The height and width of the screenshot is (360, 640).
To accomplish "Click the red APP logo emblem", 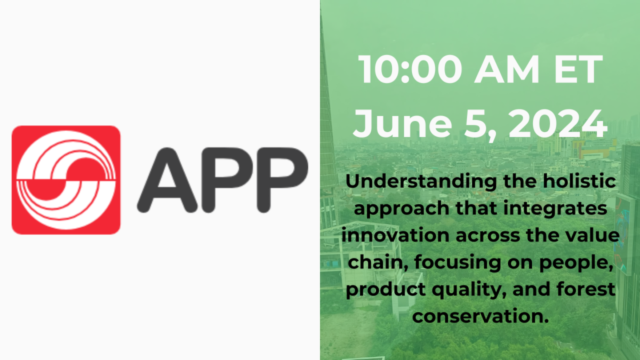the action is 66,180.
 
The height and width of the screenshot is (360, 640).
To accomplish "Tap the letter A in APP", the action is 167,180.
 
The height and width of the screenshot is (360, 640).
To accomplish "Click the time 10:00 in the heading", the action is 410,69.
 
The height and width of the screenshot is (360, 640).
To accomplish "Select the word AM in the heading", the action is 507,69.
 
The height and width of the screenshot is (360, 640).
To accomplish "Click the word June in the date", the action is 402,124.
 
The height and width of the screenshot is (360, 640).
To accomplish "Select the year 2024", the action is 558,124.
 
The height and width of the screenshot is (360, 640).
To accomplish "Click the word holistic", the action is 579,181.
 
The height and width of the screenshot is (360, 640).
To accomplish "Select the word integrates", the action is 555,209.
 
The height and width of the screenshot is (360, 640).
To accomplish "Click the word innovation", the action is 395,235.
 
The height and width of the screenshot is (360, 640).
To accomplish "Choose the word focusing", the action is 458,263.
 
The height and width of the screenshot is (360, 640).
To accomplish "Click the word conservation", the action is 481,316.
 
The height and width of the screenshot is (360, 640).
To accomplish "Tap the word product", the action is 386,290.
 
